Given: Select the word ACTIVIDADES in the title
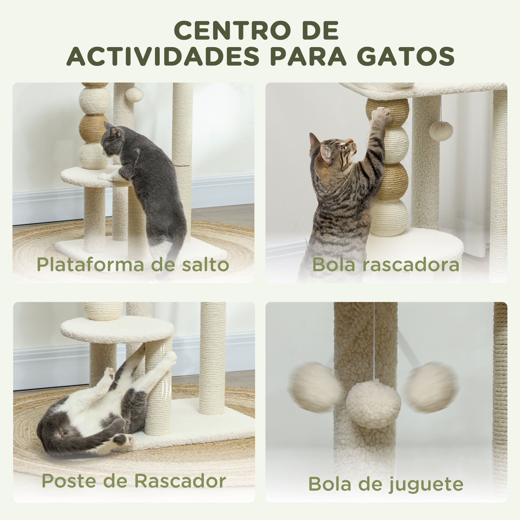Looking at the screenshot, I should click(x=163, y=56).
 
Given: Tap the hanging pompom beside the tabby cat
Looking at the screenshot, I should click(x=441, y=131).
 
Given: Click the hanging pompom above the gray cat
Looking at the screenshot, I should click(x=134, y=94).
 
